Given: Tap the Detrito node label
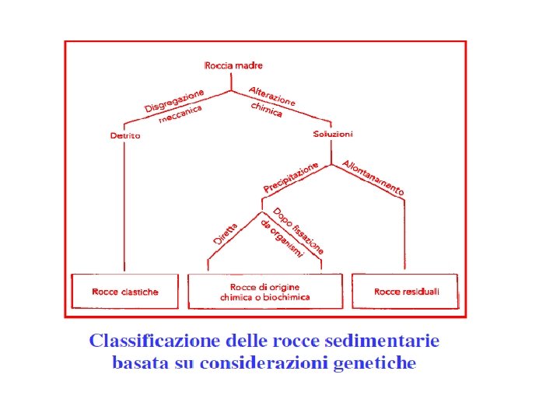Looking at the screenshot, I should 125,136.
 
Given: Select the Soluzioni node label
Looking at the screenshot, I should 333,134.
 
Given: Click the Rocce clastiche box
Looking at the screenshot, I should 125,292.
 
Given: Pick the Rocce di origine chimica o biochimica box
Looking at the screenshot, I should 264,292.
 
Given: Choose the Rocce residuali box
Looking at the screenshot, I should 406,292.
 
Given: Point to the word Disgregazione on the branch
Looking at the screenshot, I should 174,100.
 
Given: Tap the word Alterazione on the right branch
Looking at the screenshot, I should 272,96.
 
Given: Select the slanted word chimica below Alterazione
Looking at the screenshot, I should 266,110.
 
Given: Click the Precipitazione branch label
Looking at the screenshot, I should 291,178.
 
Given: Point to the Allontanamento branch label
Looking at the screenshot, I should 373,178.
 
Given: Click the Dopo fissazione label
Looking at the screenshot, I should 298,230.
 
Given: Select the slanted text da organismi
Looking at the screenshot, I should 282,241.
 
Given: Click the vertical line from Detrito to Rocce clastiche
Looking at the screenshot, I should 124,210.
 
